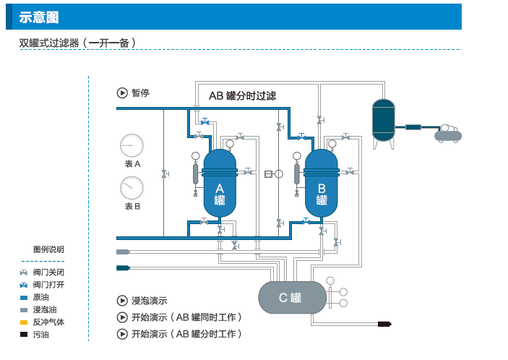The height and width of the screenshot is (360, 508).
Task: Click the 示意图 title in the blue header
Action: [39, 17]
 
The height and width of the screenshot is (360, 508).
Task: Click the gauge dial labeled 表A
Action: [132, 145]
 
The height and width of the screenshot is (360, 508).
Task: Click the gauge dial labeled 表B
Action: [132, 188]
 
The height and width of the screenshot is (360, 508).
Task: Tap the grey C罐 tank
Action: [290, 297]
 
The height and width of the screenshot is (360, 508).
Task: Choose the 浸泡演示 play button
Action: [122, 301]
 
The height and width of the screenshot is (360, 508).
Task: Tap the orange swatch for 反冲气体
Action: [24, 322]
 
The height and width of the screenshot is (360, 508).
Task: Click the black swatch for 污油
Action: [24, 334]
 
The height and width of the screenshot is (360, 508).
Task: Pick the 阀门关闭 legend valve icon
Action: [24, 273]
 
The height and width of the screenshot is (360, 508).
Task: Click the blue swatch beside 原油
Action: [24, 297]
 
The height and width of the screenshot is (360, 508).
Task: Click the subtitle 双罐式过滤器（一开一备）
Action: [78, 43]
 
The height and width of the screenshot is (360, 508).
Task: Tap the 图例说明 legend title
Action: [48, 249]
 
